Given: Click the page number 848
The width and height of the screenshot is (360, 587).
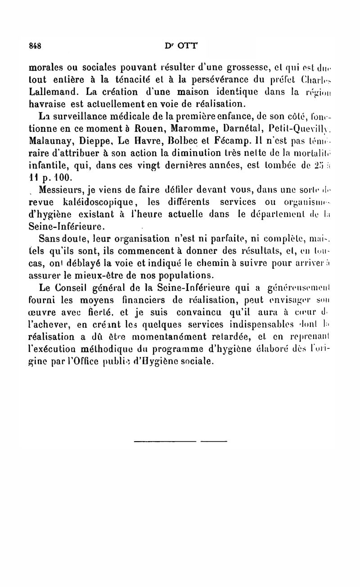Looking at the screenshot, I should point(35,45).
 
